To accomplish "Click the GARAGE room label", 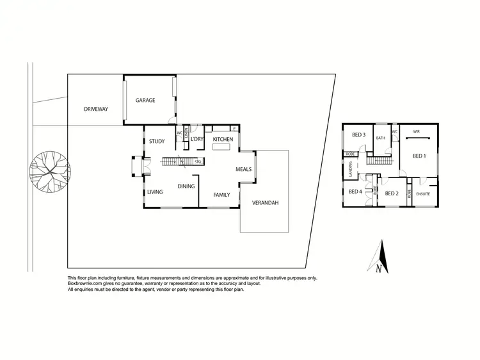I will tap(145, 100).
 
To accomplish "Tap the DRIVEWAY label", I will tap(96, 109).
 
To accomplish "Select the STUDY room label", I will tap(157, 142).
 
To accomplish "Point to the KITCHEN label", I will tap(223, 139).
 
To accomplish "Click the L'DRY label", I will tap(197, 139).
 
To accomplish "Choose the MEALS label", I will tap(244, 170).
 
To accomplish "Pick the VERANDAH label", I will tap(265, 203).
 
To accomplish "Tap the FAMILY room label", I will tap(222, 193).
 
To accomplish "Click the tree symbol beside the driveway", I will tap(50, 172).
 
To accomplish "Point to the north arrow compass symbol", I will tap(380, 258).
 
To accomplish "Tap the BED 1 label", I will tap(419, 156).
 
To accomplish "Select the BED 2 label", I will tap(392, 193).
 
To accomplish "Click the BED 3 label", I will tap(358, 135).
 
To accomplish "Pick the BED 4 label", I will tap(355, 192).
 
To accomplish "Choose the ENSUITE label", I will tap(423, 193).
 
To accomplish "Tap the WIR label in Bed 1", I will tap(416, 131).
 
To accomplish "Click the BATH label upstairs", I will tap(380, 138).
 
